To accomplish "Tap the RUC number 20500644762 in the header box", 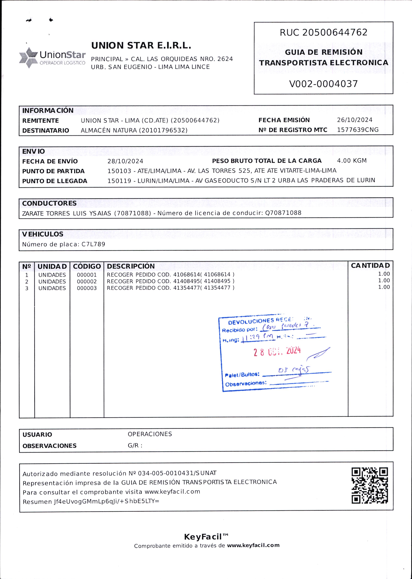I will (335, 32).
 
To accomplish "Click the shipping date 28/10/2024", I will (125, 161).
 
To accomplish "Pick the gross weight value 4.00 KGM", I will (352, 161).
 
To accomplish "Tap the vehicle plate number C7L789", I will (93, 244).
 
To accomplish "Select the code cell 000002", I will (87, 282).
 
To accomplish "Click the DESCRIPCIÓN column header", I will (131, 266).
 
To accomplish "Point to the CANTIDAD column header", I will (370, 266).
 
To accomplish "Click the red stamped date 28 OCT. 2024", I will (277, 351).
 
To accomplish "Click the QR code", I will (370, 486).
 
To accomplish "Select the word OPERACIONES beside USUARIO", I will (150, 434).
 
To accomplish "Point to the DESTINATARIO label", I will (46, 130).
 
